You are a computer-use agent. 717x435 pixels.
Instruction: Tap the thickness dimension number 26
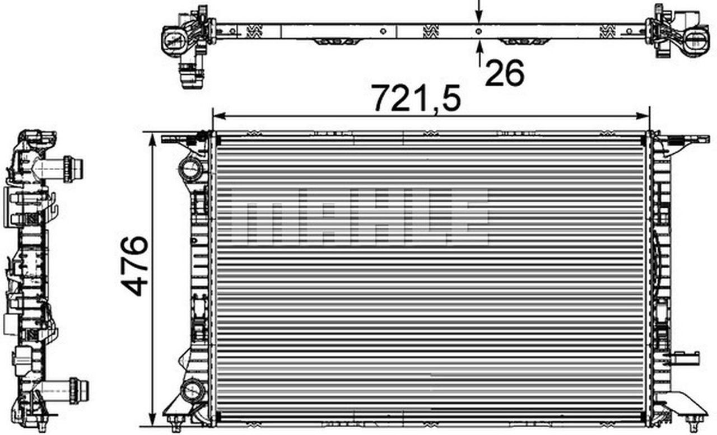pyautogui.click(x=504, y=73)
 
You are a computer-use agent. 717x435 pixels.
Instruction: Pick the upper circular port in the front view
pyautogui.click(x=189, y=167)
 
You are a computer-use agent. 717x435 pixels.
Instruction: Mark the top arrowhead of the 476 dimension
pyautogui.click(x=152, y=138)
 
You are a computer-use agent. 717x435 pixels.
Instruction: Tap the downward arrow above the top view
pyautogui.click(x=479, y=12)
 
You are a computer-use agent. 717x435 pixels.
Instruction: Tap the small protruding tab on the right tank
pyautogui.click(x=687, y=357)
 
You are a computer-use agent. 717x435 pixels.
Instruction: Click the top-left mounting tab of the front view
pyautogui.click(x=179, y=138)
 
